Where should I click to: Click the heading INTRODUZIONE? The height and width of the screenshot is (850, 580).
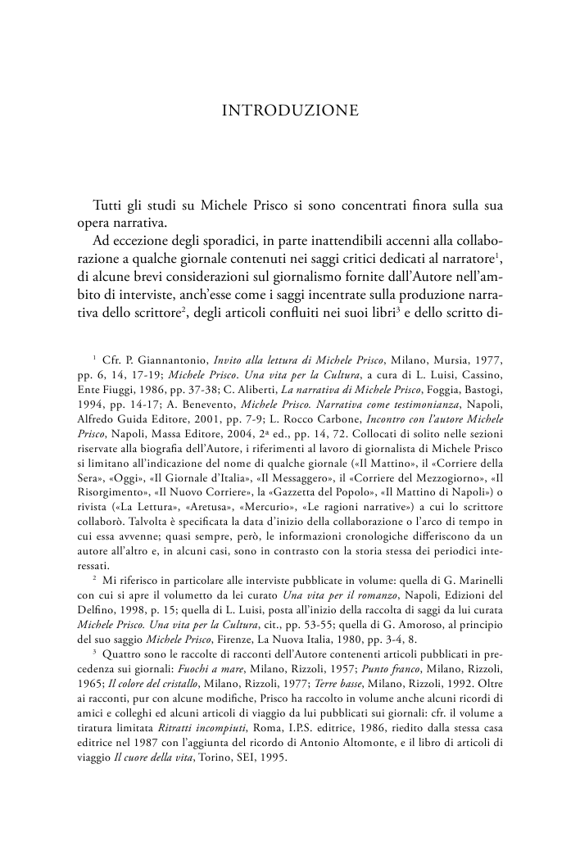coord(290,111)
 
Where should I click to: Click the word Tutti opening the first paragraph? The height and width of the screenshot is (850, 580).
coord(111,203)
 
